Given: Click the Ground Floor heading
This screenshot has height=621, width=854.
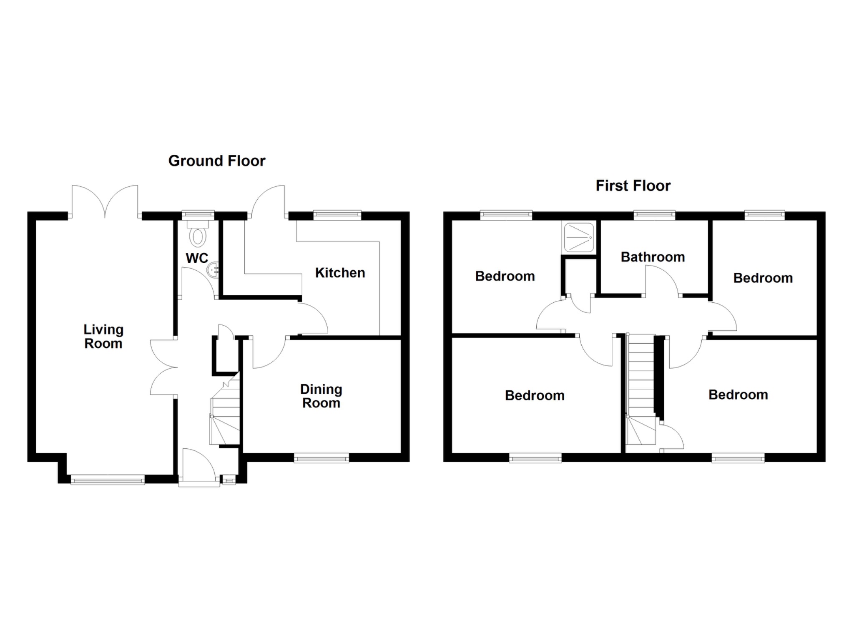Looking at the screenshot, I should [216, 161].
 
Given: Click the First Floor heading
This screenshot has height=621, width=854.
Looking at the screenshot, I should [633, 186].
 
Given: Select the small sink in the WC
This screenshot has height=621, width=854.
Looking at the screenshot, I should [213, 269].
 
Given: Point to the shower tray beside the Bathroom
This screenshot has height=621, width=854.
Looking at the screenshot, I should [578, 237].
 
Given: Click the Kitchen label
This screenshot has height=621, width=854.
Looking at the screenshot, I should [340, 273].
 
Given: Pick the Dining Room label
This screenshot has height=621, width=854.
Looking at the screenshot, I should [321, 396].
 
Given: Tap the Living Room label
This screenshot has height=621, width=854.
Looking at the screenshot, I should [103, 336].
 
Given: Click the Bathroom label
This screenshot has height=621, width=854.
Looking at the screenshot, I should [653, 257].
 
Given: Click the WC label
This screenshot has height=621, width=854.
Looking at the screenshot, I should [197, 258].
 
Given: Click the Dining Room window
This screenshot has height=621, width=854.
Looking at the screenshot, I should [321, 459].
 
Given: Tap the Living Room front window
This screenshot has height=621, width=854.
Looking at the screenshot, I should [108, 480].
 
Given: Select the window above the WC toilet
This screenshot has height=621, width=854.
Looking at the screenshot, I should [198, 215].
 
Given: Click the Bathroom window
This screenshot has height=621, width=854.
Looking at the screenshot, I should [654, 215].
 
